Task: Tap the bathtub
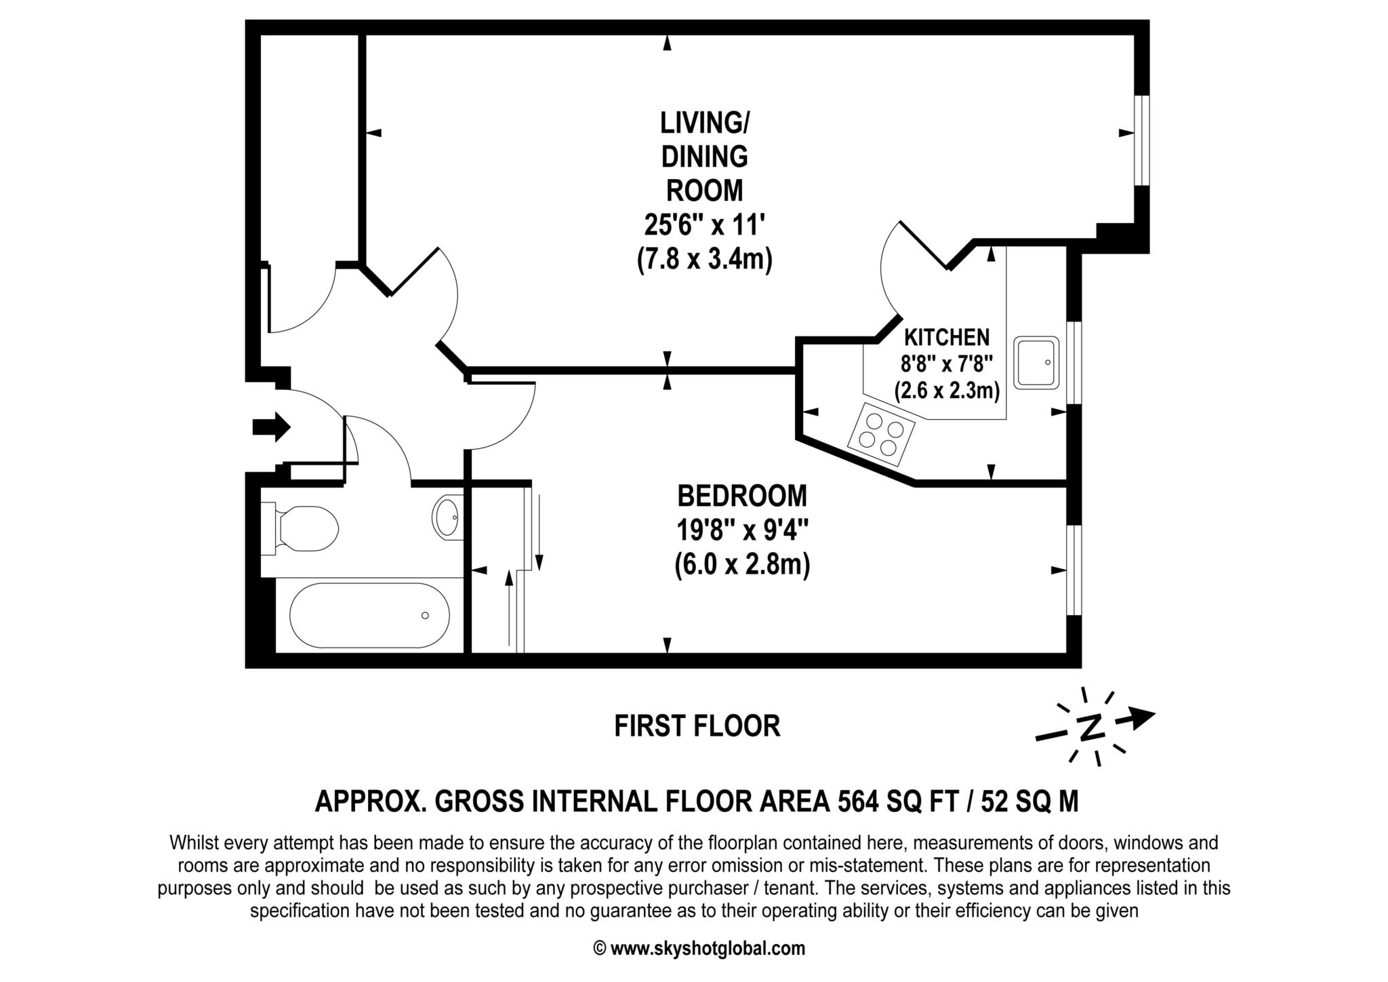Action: tap(369, 615)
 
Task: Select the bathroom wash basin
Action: tap(447, 517)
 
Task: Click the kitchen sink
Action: tap(1036, 362)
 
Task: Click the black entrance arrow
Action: tap(272, 427)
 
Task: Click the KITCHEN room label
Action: tap(947, 337)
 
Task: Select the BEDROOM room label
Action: tap(742, 496)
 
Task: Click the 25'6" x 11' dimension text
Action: tap(705, 224)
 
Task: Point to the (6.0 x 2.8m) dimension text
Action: tap(742, 565)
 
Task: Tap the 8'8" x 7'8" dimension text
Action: tap(947, 364)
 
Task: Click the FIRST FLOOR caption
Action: tap(697, 726)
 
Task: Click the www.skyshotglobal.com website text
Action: tap(708, 948)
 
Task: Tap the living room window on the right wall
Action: tap(1142, 140)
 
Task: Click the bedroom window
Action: tap(1074, 570)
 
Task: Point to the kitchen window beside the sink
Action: tap(1074, 363)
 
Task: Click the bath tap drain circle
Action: tap(425, 615)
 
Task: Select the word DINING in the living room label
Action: tap(705, 157)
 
